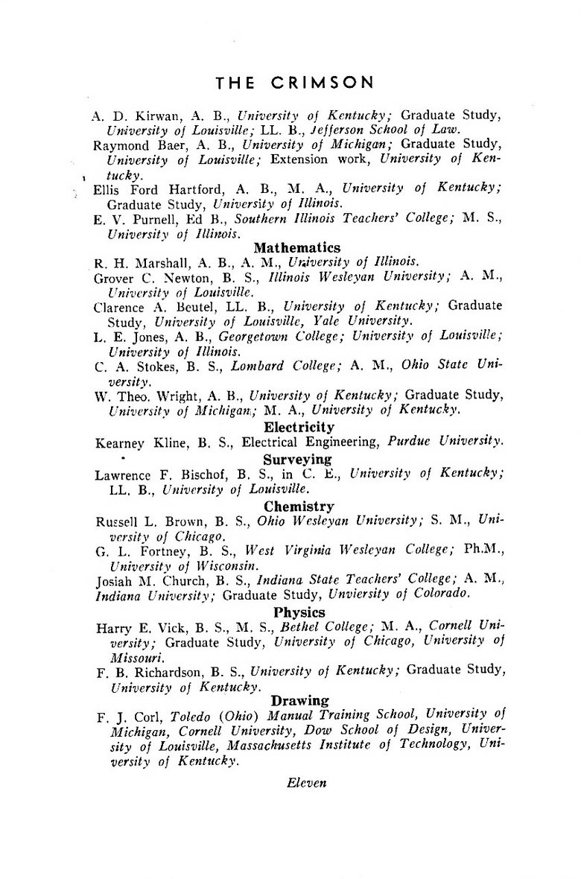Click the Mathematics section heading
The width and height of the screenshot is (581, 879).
(296, 247)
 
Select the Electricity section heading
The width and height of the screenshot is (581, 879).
(299, 428)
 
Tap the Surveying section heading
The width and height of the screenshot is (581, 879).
(298, 460)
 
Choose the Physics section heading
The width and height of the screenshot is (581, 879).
(299, 612)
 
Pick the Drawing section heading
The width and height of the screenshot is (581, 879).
(300, 700)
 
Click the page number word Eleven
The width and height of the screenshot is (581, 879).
(306, 783)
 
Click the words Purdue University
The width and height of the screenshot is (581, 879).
(445, 442)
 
